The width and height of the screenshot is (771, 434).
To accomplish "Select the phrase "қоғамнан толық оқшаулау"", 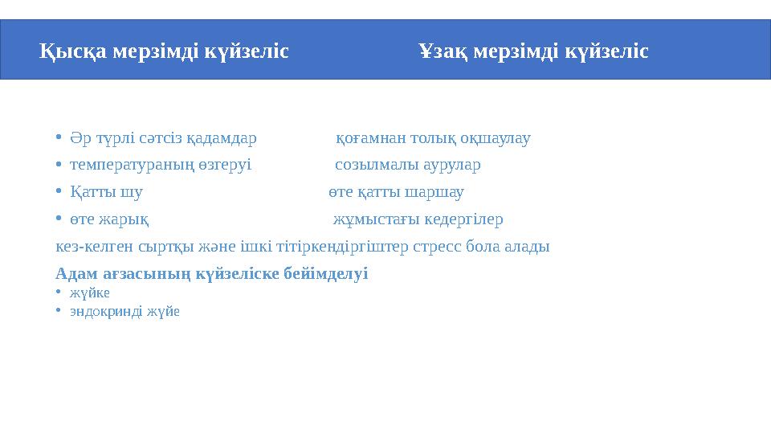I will pos(433,138).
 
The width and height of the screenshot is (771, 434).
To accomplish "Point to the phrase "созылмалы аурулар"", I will pos(407,166).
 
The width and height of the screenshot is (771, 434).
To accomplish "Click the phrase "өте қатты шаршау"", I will pos(396,193).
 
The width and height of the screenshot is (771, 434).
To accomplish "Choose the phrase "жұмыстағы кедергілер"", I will pos(418,219).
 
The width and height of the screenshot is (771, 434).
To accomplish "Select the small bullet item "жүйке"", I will pos(89,293).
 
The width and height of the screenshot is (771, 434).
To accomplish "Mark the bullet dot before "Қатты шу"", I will pos(59,192).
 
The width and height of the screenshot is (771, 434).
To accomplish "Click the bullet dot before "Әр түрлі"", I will pos(59,137).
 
